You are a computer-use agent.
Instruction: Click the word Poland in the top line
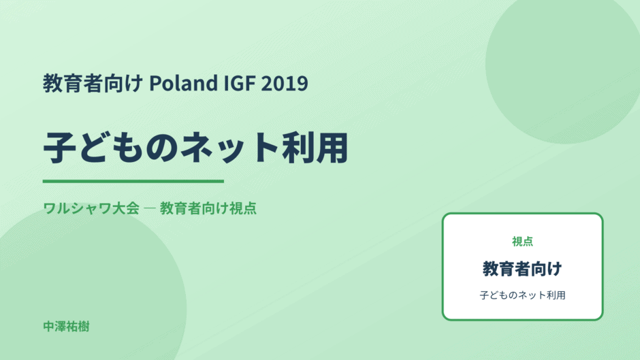click(184, 83)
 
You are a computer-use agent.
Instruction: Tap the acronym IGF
click(240, 83)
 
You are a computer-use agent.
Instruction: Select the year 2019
click(285, 83)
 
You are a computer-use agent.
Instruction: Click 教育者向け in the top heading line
click(93, 83)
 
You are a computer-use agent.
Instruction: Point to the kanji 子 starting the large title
click(60, 148)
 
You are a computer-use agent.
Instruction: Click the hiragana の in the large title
click(161, 148)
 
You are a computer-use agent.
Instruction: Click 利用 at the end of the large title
click(315, 148)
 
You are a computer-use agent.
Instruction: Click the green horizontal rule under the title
click(133, 181)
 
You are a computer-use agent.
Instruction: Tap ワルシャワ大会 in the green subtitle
click(91, 208)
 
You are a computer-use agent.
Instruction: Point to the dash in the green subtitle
click(150, 208)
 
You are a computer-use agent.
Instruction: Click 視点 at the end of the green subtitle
click(243, 208)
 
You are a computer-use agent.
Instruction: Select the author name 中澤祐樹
click(66, 327)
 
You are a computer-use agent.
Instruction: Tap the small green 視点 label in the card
click(522, 241)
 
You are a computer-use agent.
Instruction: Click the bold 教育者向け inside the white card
click(522, 269)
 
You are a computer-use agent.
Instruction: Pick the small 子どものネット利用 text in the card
click(522, 295)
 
